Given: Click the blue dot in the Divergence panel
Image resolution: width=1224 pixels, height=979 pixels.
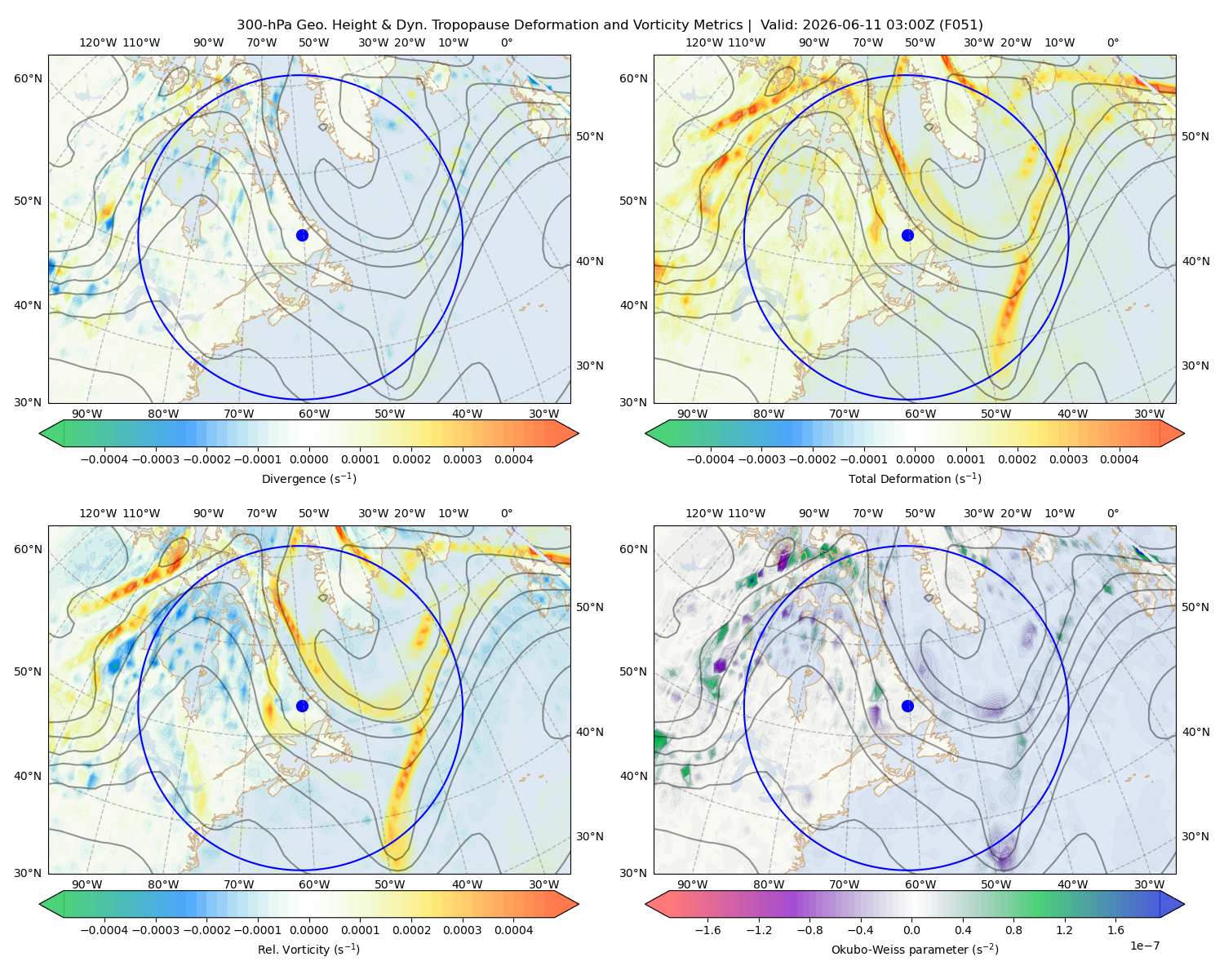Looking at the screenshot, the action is [302, 235].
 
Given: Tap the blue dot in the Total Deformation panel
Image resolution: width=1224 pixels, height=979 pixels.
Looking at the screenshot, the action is [907, 235].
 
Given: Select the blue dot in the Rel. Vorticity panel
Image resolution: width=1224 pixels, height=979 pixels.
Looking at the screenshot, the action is [302, 706].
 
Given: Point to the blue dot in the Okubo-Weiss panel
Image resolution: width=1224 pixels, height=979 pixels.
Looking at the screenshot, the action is [907, 706].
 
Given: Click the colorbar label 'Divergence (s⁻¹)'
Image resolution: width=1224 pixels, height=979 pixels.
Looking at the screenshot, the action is [308, 478].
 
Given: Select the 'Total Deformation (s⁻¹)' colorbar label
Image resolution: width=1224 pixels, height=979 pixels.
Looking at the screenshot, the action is [915, 478].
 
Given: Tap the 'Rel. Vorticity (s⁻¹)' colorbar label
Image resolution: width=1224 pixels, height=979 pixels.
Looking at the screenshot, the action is [308, 949].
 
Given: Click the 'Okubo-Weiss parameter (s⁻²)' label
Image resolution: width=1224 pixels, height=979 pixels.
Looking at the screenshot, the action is [915, 949].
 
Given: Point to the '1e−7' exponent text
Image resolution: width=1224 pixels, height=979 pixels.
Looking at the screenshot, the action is [1144, 946].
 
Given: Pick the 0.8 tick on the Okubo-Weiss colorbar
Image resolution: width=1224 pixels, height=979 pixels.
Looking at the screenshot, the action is [1013, 930].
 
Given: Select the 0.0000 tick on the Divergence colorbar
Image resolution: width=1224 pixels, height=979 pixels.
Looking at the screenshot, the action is [308, 459].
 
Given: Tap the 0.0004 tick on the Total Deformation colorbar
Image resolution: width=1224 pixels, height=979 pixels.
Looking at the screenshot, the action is [1119, 459].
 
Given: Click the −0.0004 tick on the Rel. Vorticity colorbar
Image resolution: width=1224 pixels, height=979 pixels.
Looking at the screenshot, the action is [104, 930].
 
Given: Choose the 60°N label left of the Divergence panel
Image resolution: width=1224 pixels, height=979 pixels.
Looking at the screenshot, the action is [28, 78].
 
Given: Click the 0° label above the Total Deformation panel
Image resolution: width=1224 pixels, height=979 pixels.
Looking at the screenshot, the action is [1112, 42].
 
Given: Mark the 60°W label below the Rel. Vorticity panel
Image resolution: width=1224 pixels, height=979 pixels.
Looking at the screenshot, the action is [314, 884].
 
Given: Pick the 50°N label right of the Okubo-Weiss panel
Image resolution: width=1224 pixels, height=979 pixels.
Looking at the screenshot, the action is [1195, 607].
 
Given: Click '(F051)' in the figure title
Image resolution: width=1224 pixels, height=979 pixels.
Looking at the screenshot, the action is [960, 25].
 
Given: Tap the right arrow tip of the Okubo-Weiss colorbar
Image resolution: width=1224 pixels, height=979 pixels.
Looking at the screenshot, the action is [1184, 904].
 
